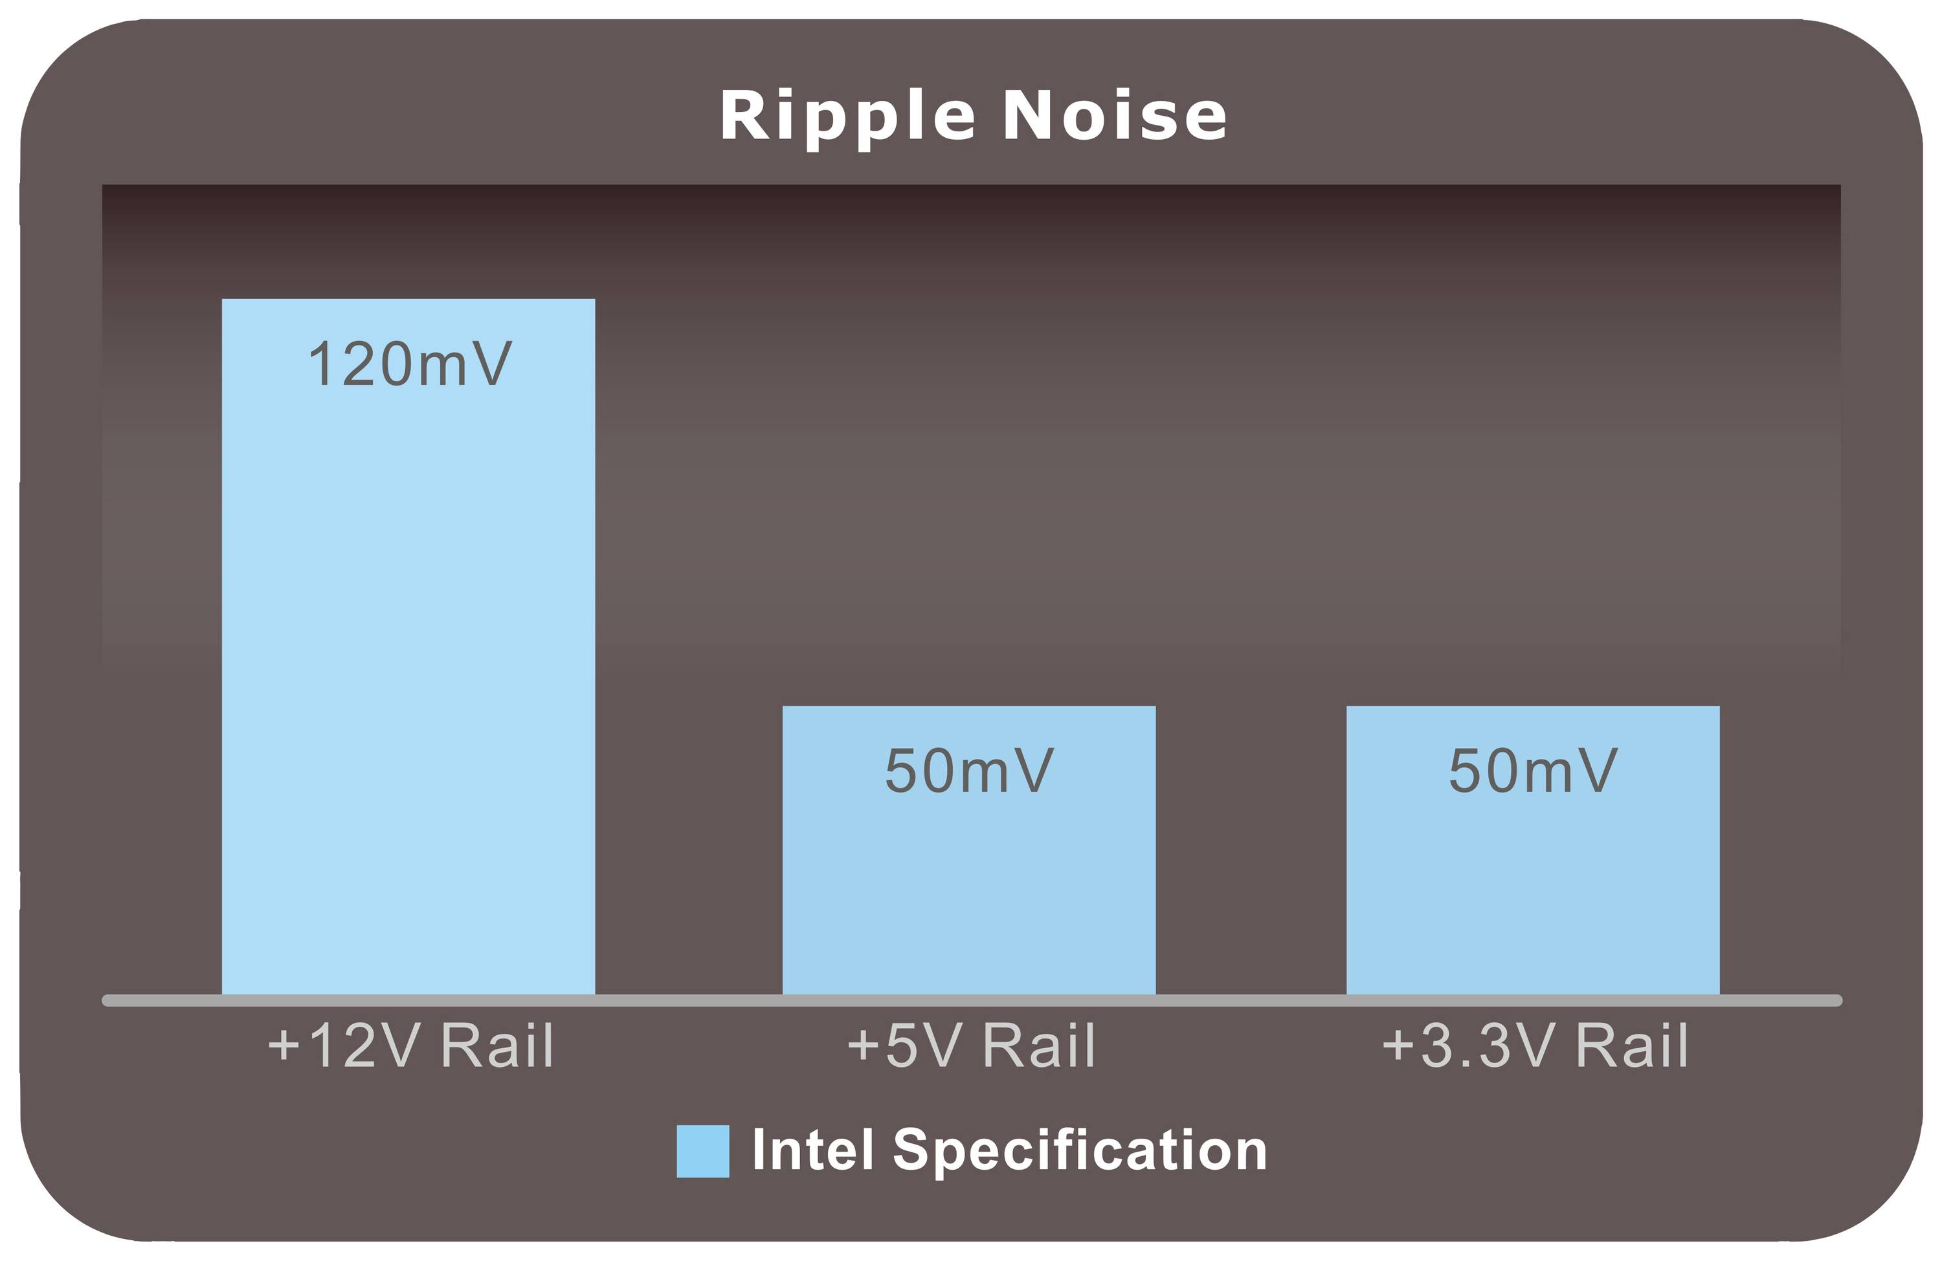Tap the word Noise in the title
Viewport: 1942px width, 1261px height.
(x=1114, y=115)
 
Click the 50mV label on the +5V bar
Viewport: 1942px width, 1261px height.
(x=969, y=770)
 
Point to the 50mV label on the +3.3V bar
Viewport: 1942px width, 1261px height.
(x=1532, y=770)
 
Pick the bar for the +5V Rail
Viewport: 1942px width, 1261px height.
(x=968, y=851)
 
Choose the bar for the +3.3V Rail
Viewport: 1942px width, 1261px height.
(x=1532, y=851)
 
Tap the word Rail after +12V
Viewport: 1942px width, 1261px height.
(x=498, y=1045)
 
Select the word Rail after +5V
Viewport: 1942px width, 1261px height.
(x=1039, y=1045)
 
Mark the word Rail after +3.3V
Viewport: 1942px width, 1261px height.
(x=1632, y=1045)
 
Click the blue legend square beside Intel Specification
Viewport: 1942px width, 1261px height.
(x=702, y=1151)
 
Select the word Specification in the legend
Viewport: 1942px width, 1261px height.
(x=1080, y=1152)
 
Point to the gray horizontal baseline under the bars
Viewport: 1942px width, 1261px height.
(x=972, y=1001)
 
